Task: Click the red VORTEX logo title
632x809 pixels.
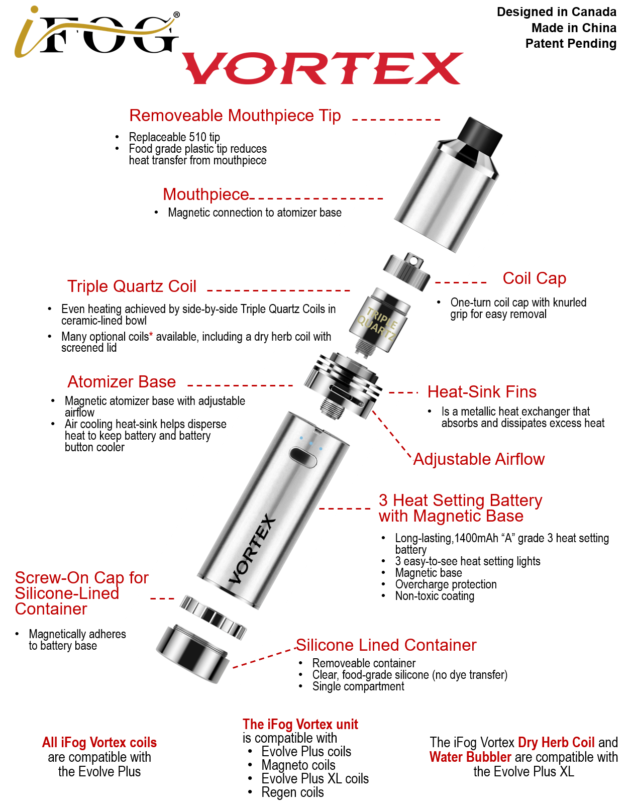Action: tap(322, 68)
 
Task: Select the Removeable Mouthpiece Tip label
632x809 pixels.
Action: tap(235, 116)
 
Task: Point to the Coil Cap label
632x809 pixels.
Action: tap(534, 278)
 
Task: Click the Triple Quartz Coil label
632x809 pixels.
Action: tap(132, 286)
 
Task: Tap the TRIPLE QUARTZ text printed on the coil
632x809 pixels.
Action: tap(378, 323)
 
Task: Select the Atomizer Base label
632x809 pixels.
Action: tap(122, 382)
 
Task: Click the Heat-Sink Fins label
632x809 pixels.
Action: tap(481, 392)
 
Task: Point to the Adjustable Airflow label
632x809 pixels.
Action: tap(478, 459)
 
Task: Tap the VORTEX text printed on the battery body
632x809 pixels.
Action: tap(253, 549)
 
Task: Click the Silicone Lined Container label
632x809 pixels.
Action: tap(385, 645)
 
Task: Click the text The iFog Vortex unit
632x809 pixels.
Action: tap(300, 725)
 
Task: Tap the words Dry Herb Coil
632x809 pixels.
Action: tap(556, 743)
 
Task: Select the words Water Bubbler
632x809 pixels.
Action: tap(470, 757)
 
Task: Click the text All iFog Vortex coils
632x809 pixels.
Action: tap(99, 743)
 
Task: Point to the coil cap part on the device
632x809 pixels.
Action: tap(407, 271)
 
